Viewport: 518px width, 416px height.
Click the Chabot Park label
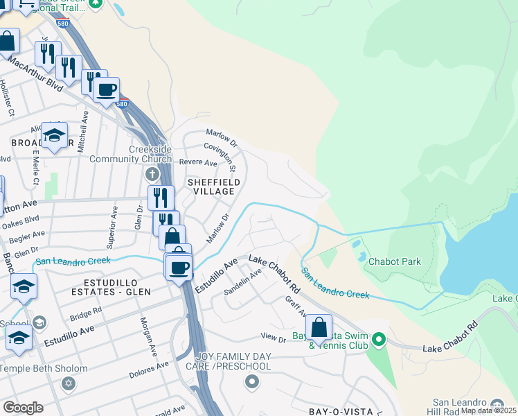point(394,262)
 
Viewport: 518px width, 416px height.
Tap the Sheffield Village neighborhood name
point(214,186)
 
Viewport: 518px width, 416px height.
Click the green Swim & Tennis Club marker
point(378,340)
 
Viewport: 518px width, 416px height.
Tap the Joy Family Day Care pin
point(251,381)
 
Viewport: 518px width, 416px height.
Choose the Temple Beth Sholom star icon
point(68,383)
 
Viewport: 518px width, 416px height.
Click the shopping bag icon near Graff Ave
point(319,327)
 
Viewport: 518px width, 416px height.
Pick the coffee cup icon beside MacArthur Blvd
point(107,90)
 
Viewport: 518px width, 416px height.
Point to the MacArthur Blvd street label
point(35,72)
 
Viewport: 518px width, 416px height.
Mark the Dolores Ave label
point(149,370)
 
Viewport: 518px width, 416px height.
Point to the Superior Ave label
point(111,227)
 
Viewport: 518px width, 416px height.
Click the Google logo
point(23,407)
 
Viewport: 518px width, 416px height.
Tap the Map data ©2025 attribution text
point(488,410)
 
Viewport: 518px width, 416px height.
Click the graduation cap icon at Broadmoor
point(54,136)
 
